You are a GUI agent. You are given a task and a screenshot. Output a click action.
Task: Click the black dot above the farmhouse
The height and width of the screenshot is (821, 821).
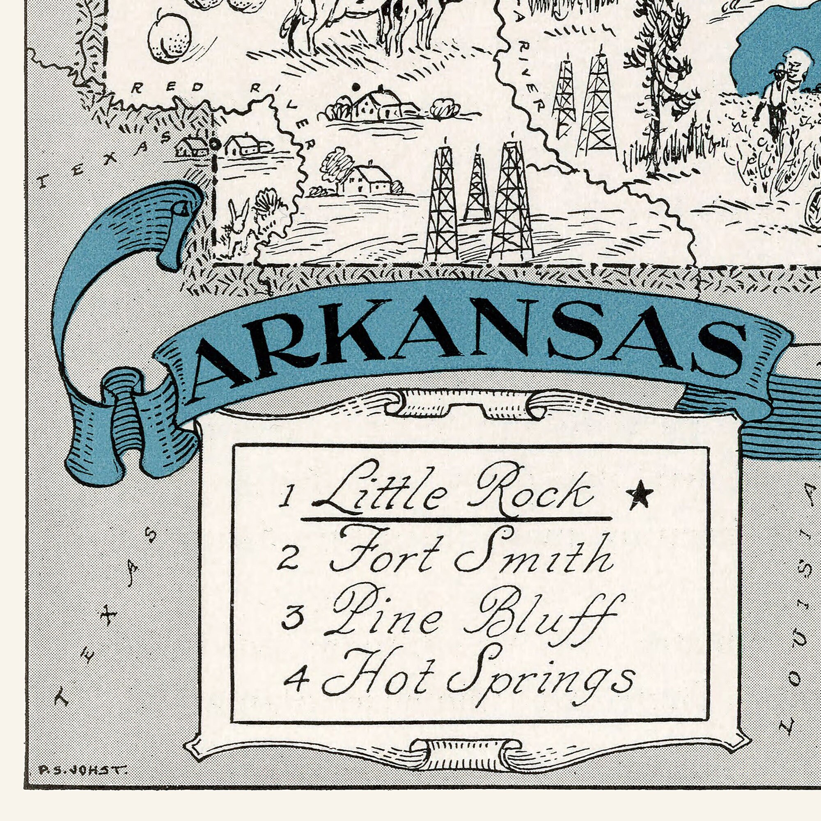356,87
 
